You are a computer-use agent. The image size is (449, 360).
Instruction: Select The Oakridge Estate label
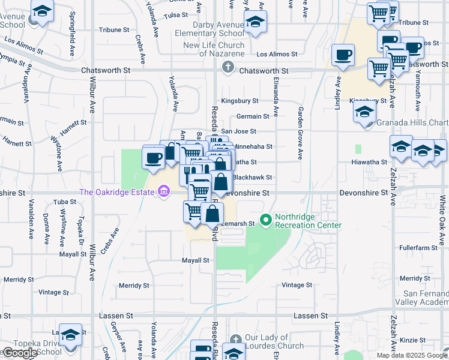[117, 193]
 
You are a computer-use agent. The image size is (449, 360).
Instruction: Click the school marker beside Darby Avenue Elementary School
[256, 23]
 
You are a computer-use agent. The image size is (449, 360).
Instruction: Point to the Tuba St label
[62, 202]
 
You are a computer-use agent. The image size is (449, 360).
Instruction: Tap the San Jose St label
[238, 131]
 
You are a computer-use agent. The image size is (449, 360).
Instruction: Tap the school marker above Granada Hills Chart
[364, 112]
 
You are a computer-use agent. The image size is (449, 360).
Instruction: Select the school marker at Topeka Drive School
[71, 335]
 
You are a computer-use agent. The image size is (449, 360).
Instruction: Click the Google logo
[19, 353]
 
